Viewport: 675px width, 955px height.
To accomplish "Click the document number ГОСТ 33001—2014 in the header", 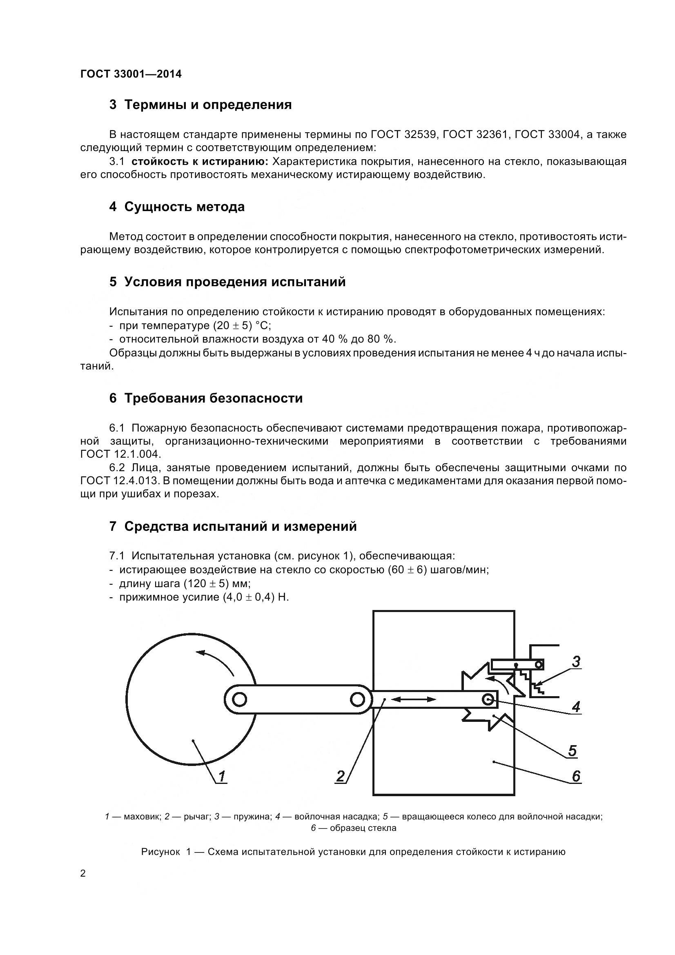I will [x=131, y=74].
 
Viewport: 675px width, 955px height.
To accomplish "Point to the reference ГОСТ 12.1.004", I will [x=120, y=454].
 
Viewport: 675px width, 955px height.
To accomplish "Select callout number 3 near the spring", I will [x=576, y=661].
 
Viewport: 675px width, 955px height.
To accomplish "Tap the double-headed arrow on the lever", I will [x=414, y=700].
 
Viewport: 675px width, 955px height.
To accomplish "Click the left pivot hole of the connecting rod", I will [x=240, y=700].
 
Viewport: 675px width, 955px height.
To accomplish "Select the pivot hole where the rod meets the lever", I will [x=357, y=700].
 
